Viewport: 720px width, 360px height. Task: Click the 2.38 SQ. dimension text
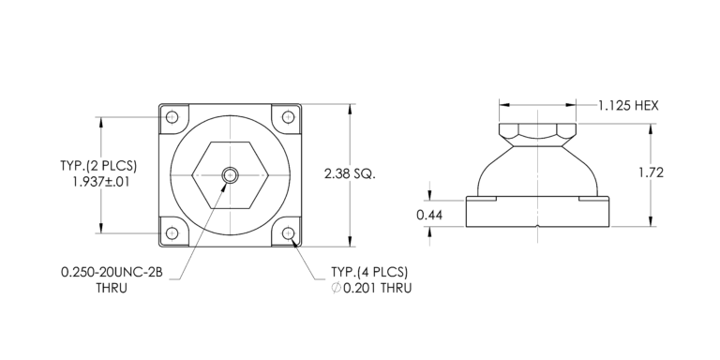click(x=349, y=174)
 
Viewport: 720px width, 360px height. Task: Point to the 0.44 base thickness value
click(x=429, y=216)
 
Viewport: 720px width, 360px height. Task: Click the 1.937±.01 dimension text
click(x=100, y=182)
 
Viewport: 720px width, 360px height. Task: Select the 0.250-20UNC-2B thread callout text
click(x=111, y=272)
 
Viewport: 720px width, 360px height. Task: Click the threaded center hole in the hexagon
click(x=230, y=174)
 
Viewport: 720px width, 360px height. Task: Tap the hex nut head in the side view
click(x=537, y=130)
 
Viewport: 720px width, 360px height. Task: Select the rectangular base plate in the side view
click(x=537, y=214)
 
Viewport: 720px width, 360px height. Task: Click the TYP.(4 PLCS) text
click(x=370, y=272)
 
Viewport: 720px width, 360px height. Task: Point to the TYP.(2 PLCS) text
click(x=99, y=166)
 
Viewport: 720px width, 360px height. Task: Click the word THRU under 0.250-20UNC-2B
click(x=111, y=288)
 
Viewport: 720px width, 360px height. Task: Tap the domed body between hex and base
click(x=537, y=169)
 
